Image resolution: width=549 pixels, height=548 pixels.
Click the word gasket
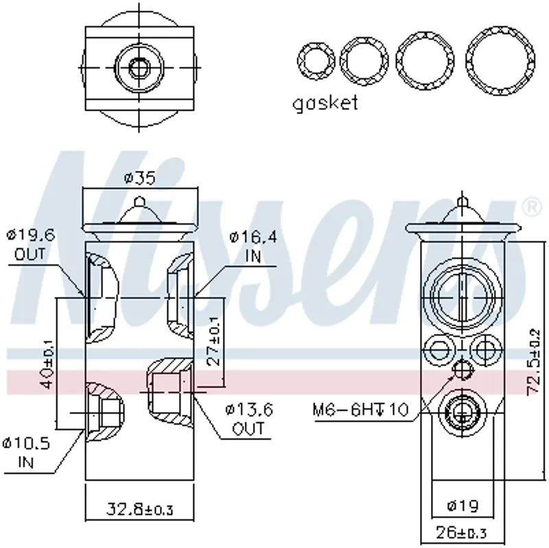[x=325, y=104]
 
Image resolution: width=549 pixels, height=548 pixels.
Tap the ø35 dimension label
[x=139, y=178]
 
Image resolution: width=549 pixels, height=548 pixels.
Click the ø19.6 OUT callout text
[x=31, y=244]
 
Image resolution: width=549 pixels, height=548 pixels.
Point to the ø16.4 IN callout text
[x=253, y=247]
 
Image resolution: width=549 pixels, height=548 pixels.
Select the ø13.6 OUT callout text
[x=248, y=418]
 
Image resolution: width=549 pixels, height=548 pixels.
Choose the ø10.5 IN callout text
[x=26, y=453]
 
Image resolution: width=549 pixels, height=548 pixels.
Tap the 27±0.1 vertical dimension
[x=213, y=341]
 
